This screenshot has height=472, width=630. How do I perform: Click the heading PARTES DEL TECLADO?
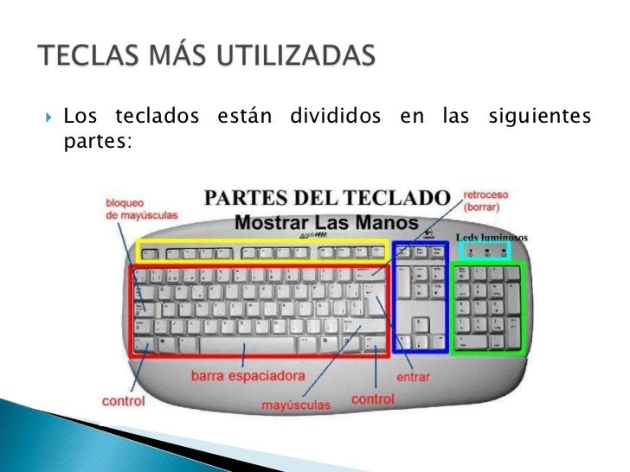coord(327,196)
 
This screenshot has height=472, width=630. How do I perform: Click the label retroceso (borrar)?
coord(486,201)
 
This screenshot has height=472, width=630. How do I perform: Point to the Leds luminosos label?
coord(492,237)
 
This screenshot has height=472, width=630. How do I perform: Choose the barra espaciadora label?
coord(247,377)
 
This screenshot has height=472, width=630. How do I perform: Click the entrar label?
coord(414,378)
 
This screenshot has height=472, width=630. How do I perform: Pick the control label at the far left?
coord(123,401)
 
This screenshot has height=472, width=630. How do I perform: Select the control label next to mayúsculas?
coord(373,399)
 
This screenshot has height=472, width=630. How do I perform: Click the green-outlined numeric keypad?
coord(487,307)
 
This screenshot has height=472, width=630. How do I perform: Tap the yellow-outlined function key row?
coord(262,252)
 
